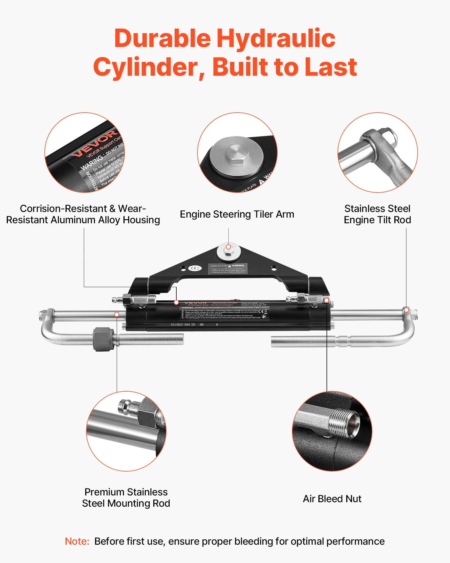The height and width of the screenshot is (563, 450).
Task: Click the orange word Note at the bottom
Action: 77,541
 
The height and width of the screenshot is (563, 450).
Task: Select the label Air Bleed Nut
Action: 332,499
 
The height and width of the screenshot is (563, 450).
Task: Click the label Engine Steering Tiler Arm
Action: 237,214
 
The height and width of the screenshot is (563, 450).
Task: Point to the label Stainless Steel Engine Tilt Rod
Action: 377,214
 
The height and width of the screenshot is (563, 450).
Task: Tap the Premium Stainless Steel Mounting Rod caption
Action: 126,498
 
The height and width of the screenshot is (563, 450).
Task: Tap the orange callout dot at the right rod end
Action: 406,310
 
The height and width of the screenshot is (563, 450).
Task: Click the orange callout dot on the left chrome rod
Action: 117,314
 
